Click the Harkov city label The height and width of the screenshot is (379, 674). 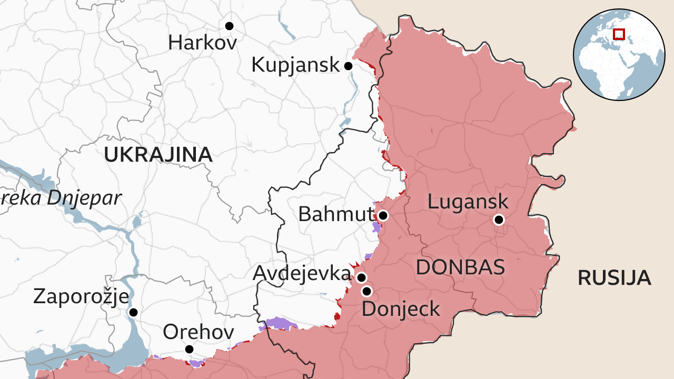[202, 43]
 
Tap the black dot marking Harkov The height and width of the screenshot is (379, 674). [229, 26]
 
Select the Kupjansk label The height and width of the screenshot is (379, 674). [295, 65]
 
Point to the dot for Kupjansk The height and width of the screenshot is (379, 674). [348, 66]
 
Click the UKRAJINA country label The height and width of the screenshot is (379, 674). [158, 155]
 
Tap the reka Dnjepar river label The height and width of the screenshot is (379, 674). [61, 198]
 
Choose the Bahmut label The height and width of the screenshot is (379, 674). [335, 214]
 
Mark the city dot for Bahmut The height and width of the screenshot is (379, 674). [383, 215]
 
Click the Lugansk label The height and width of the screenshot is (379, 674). [468, 201]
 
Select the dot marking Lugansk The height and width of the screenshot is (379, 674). [499, 220]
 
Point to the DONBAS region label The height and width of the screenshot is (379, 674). [460, 267]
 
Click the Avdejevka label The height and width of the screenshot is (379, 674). [302, 273]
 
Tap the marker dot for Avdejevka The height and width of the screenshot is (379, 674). [361, 277]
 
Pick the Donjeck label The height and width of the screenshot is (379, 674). [401, 309]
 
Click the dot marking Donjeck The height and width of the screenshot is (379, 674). [366, 291]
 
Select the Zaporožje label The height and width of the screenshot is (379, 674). [81, 296]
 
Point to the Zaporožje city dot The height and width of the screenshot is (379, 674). [133, 312]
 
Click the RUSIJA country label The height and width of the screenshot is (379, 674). [614, 278]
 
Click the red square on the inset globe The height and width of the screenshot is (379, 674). [619, 34]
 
